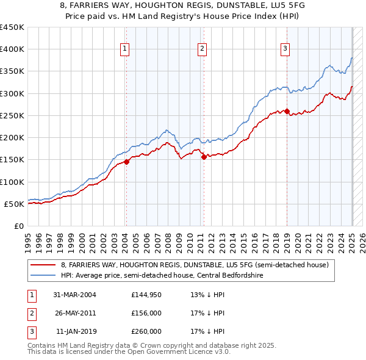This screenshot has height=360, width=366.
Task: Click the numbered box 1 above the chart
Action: click(x=124, y=49)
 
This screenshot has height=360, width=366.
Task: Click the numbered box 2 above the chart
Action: click(x=202, y=49)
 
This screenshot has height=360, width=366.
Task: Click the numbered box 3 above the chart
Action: click(x=285, y=49)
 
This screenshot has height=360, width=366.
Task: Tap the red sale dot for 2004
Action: click(x=126, y=162)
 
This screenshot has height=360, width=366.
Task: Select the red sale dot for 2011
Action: click(x=204, y=157)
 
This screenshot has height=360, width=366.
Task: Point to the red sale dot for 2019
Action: click(x=287, y=111)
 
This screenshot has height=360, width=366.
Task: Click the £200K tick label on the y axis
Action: click(x=12, y=137)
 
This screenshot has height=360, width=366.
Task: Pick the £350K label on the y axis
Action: click(x=12, y=71)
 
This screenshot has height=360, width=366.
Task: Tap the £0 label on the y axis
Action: click(x=18, y=226)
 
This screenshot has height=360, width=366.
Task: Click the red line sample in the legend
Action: click(x=43, y=265)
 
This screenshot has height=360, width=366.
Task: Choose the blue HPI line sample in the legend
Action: click(x=43, y=275)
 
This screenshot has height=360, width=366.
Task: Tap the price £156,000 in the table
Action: click(x=146, y=313)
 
